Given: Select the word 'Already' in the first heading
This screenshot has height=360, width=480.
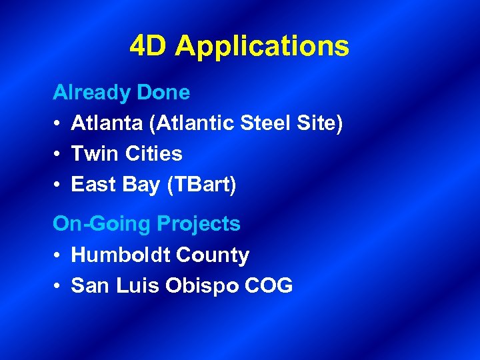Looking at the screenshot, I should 92,93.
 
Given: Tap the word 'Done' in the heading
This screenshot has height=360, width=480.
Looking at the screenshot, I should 163,93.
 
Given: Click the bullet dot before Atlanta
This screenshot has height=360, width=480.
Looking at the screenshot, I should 58,123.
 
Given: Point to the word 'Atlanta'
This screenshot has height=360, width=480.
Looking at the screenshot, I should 105,123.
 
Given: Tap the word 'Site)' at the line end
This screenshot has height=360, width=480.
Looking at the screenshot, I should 319,123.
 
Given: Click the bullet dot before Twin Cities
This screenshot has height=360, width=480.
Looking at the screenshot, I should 58,154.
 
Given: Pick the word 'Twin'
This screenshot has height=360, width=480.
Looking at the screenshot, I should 92,154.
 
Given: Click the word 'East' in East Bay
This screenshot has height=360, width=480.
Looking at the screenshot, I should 93,185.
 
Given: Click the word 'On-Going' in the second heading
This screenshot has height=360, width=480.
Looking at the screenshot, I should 101,224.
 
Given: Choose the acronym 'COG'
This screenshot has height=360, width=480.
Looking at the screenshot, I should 269,286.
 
